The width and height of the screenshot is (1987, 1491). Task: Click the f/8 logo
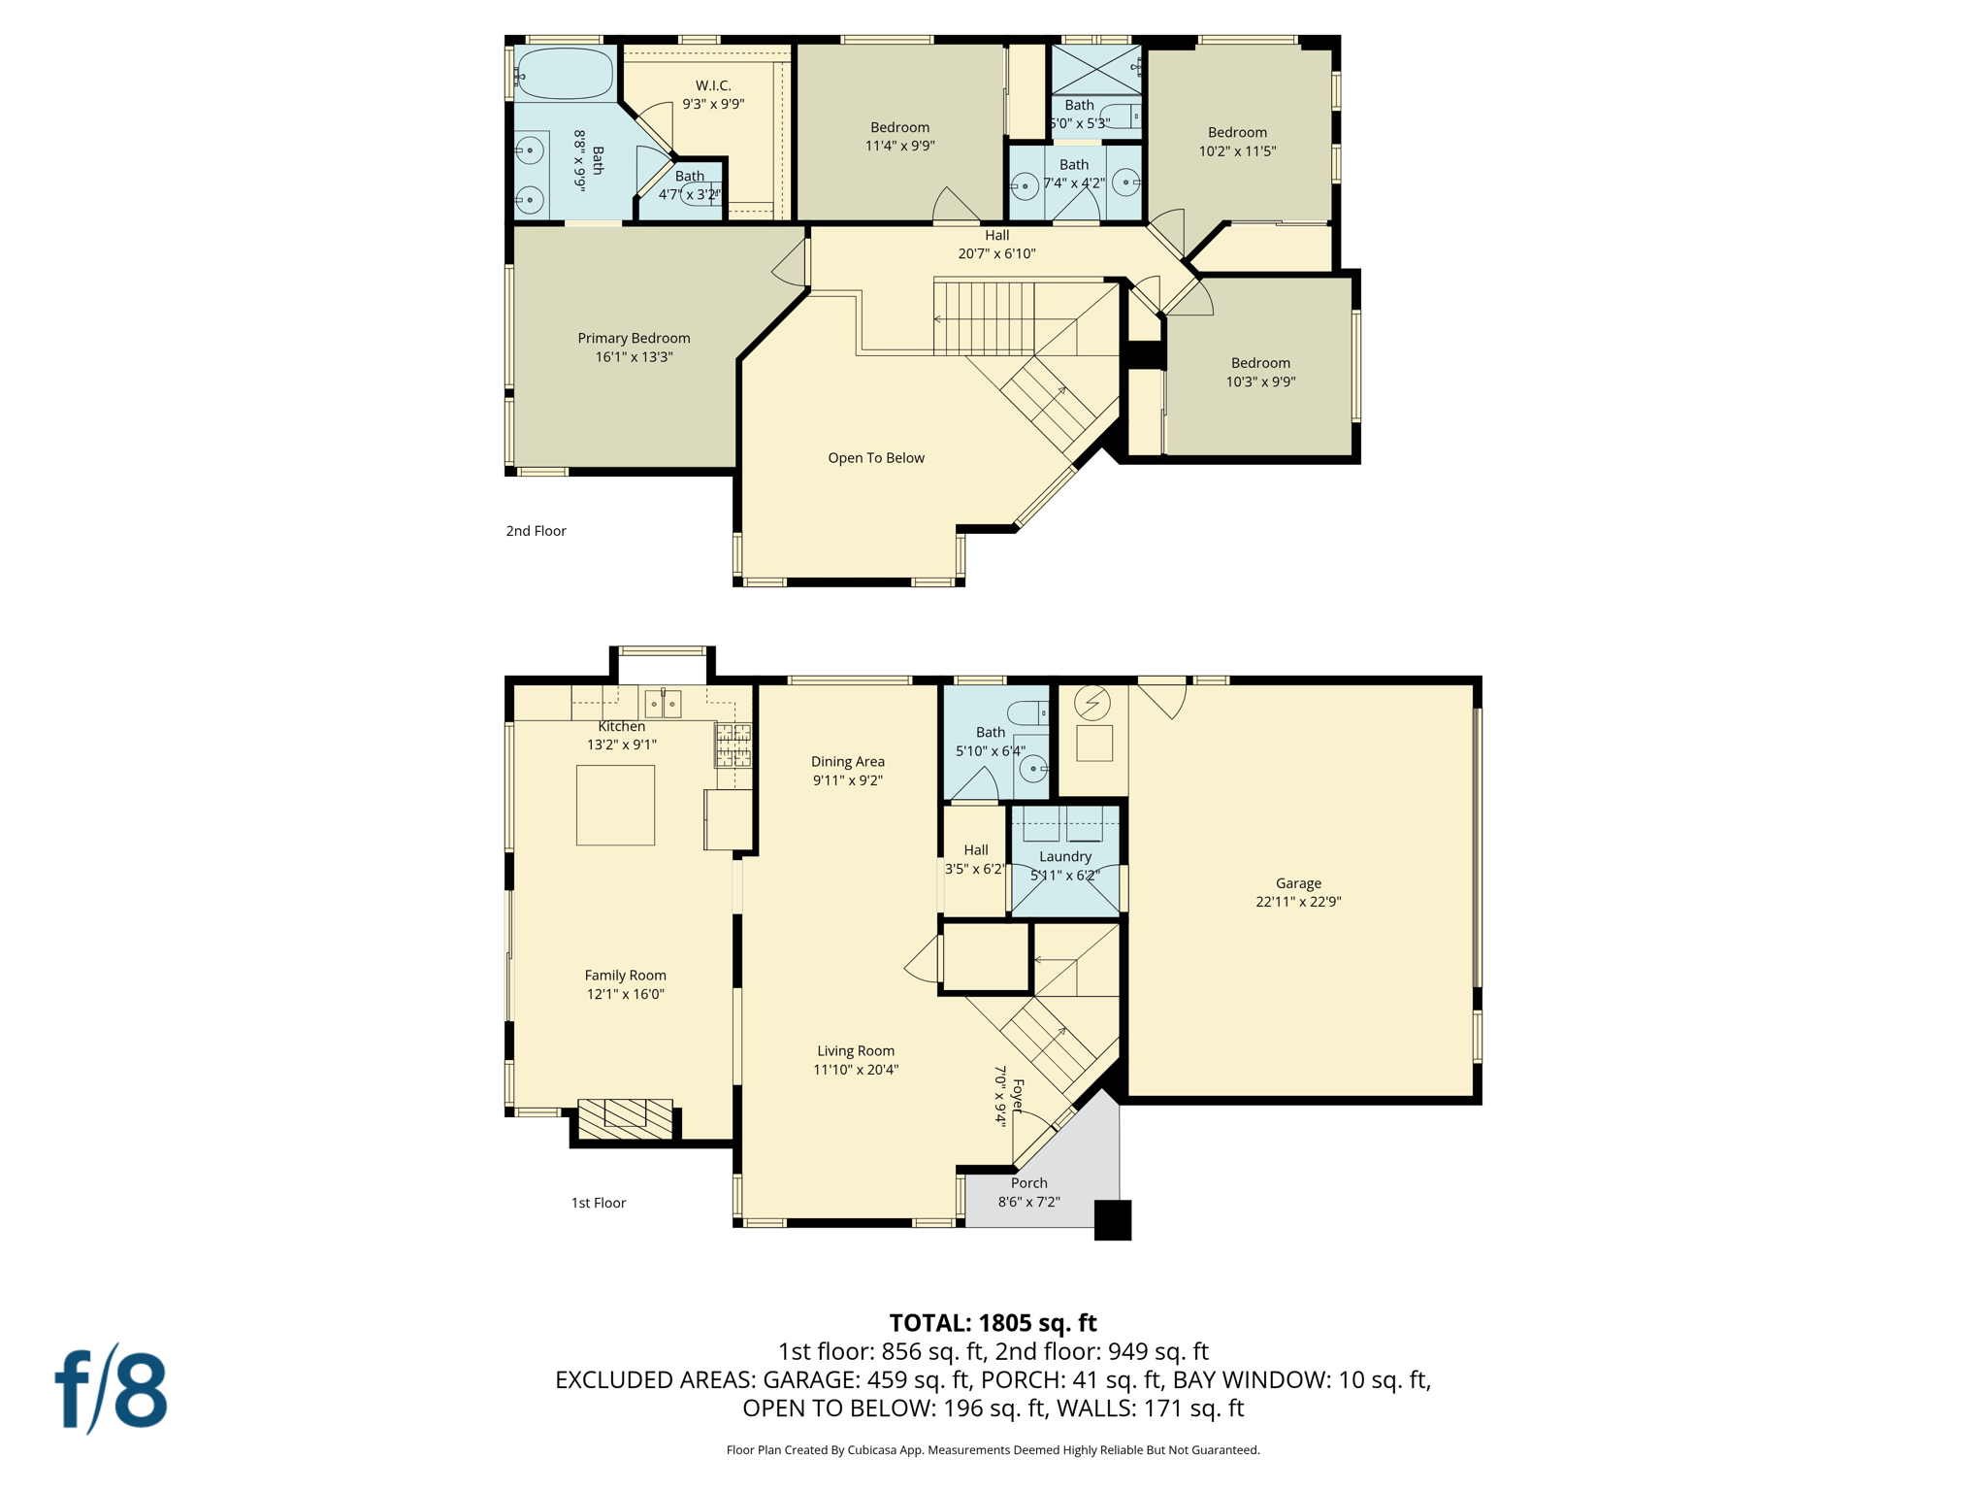(x=111, y=1390)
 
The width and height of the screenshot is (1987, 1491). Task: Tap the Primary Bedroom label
(x=634, y=338)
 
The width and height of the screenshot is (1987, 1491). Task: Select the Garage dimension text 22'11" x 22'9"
(x=1298, y=902)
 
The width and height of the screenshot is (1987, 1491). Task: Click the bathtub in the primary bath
(x=564, y=74)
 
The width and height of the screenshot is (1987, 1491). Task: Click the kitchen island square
(x=615, y=805)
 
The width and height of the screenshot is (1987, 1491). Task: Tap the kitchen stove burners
(x=733, y=745)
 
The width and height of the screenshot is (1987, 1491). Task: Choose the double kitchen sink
(x=663, y=703)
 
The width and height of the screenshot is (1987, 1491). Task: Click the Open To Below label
(x=875, y=458)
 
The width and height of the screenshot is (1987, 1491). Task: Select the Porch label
(x=1028, y=1183)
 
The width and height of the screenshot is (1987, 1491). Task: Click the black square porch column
(x=1112, y=1220)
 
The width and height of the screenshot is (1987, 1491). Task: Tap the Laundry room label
(x=1064, y=856)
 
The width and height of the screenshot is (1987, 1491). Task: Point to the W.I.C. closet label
(x=713, y=86)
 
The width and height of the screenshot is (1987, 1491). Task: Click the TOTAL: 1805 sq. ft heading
(x=993, y=1323)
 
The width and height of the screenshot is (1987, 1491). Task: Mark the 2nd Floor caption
(x=536, y=531)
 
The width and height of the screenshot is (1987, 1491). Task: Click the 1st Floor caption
(x=598, y=1203)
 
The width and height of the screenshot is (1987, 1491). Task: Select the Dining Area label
(x=847, y=762)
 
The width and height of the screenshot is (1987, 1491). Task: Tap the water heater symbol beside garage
(x=1092, y=703)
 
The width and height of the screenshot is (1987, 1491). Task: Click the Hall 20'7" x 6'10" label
(x=996, y=245)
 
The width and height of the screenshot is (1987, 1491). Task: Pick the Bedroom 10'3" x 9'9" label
(x=1260, y=373)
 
